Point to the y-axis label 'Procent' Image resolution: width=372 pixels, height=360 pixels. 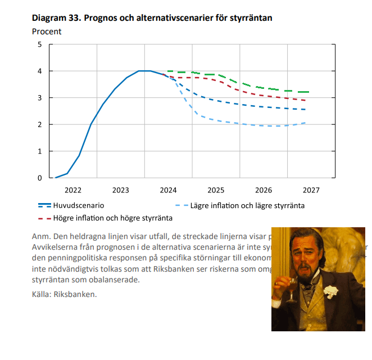coord(47,31)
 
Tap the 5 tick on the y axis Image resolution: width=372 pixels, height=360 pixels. coord(39,44)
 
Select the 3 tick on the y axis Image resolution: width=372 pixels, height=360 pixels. coord(39,98)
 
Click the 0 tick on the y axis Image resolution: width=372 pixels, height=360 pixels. coord(39,178)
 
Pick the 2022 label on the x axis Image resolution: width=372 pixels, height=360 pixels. coord(73,190)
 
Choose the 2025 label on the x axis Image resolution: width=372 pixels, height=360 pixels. coord(216,190)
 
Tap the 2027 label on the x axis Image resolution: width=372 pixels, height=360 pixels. coord(311,190)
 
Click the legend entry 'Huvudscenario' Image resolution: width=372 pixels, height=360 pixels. coord(78,206)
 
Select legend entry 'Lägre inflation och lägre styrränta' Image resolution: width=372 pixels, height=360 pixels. coord(247,206)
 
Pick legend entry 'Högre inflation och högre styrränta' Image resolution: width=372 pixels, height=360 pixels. coord(112,218)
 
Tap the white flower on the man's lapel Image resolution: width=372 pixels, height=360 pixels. coord(331,291)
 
